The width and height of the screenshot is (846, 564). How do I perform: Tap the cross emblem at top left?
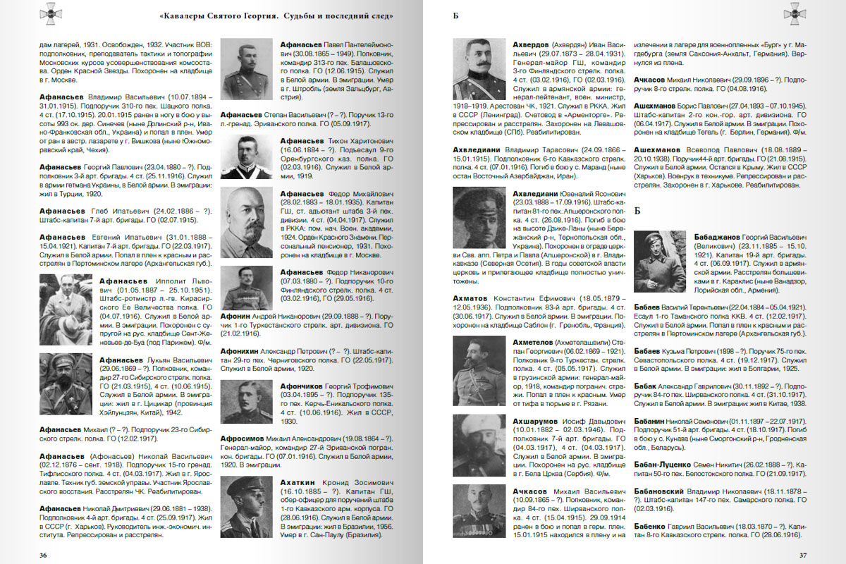click(x=50, y=12)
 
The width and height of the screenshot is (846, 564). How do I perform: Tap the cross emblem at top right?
click(x=795, y=12)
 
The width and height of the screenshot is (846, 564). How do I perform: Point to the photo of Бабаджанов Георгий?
click(x=659, y=262)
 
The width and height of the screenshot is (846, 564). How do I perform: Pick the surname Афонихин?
click(x=242, y=350)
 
